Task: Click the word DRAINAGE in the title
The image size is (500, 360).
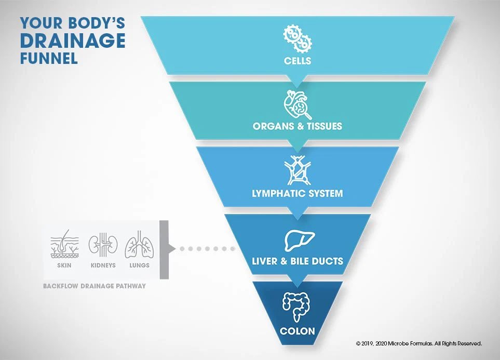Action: pyautogui.click(x=73, y=41)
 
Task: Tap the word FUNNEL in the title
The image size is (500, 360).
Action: pyautogui.click(x=49, y=58)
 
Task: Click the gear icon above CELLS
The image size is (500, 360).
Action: pyautogui.click(x=298, y=39)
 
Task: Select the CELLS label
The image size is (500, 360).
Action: pyautogui.click(x=298, y=61)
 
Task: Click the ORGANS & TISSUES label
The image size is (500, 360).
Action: pyautogui.click(x=298, y=126)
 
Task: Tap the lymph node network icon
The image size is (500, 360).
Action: pyautogui.click(x=298, y=170)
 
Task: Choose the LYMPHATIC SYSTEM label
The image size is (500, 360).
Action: pyautogui.click(x=298, y=193)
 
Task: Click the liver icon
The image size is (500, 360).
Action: pyautogui.click(x=299, y=240)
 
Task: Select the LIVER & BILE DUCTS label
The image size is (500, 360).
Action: pyautogui.click(x=298, y=261)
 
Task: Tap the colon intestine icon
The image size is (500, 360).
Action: pyautogui.click(x=296, y=306)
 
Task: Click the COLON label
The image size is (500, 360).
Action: pyautogui.click(x=297, y=331)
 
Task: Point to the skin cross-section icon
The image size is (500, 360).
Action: pyautogui.click(x=64, y=244)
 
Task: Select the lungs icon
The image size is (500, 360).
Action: pyautogui.click(x=139, y=245)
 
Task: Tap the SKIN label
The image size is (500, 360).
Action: pyautogui.click(x=64, y=265)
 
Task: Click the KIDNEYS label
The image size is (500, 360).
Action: pyautogui.click(x=103, y=265)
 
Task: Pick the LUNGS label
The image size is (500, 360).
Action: pyautogui.click(x=139, y=265)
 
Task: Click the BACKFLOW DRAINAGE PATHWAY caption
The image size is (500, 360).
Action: pyautogui.click(x=94, y=286)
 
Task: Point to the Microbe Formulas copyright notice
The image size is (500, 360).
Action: pyautogui.click(x=419, y=344)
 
